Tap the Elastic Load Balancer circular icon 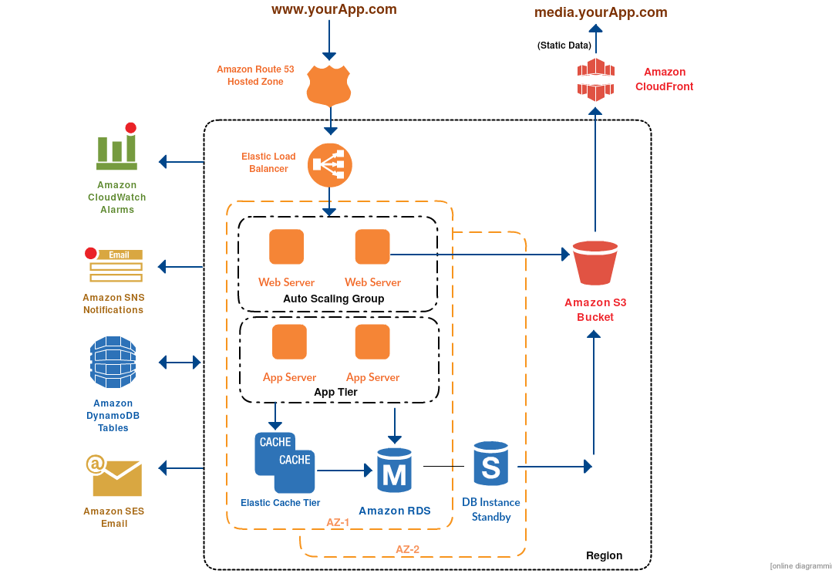(x=330, y=164)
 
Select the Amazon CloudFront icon (x=596, y=79)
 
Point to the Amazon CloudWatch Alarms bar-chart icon (x=117, y=148)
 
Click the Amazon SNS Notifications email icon (x=115, y=265)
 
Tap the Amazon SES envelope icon (x=116, y=477)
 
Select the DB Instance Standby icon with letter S (x=491, y=465)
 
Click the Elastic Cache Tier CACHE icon (x=285, y=462)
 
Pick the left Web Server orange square (x=286, y=247)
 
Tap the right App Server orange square (x=372, y=342)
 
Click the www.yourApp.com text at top (x=334, y=10)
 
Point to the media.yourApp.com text (x=601, y=12)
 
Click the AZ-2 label (x=407, y=549)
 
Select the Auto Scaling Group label (x=333, y=299)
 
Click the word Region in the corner (x=604, y=555)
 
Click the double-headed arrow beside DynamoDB (x=179, y=362)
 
